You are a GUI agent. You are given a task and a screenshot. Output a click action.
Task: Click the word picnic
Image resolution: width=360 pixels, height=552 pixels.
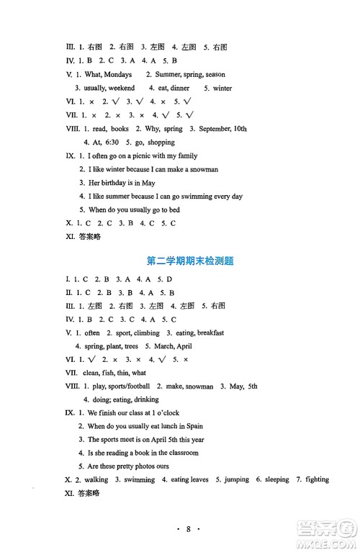click(152, 155)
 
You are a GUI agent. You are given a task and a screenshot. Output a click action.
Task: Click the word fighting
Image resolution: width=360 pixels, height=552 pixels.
click(312, 479)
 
